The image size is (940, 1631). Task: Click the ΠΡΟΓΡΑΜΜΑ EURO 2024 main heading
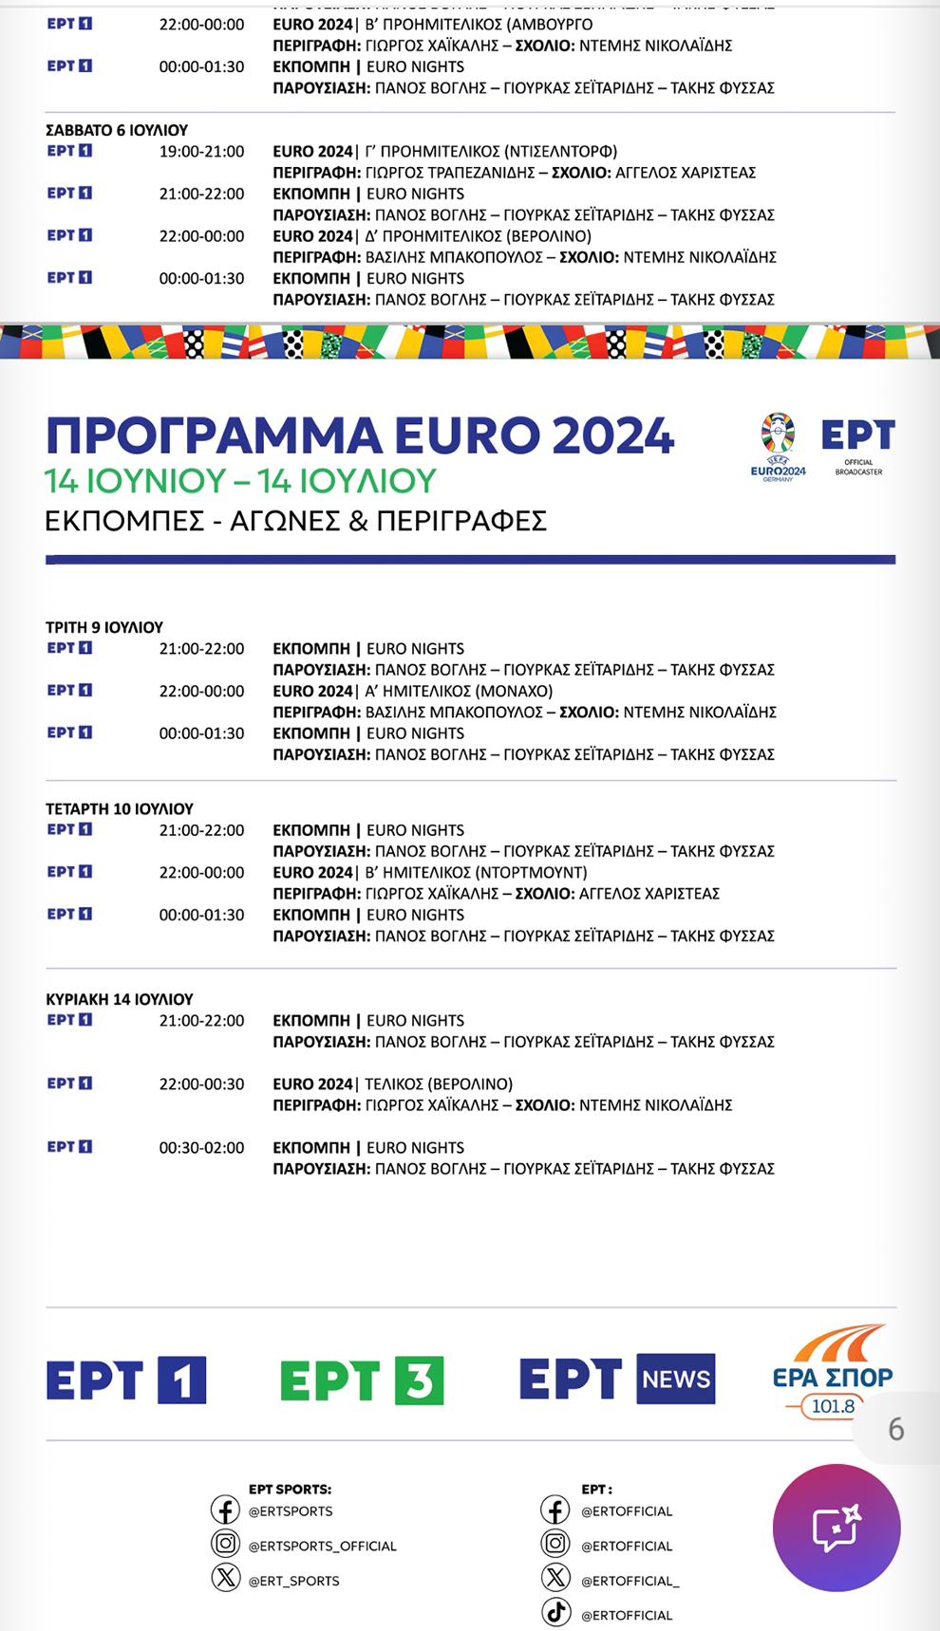[359, 436]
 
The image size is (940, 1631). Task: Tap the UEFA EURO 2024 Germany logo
[778, 446]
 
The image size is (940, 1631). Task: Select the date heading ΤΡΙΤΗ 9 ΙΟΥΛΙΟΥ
[104, 627]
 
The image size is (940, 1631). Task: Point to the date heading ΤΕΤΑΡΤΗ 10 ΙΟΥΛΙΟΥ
[120, 808]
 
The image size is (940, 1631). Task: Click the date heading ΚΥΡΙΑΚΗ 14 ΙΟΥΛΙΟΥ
[120, 999]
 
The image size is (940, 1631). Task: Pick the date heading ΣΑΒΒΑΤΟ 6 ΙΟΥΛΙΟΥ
[117, 130]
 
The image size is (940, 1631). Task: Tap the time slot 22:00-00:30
[201, 1084]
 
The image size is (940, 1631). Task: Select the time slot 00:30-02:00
[201, 1147]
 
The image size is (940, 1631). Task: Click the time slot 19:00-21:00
[201, 151]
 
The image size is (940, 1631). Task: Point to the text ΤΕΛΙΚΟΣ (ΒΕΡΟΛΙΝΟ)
[439, 1084]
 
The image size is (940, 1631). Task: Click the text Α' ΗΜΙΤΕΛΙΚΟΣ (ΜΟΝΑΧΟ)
[459, 691]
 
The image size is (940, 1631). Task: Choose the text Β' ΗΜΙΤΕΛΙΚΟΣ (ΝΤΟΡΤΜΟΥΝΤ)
[476, 872]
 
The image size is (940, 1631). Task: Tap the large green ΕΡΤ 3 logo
[362, 1380]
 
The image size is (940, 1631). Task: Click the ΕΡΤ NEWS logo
[617, 1379]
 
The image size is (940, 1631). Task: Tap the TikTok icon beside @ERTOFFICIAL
[556, 1612]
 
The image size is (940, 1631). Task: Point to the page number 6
[895, 1429]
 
